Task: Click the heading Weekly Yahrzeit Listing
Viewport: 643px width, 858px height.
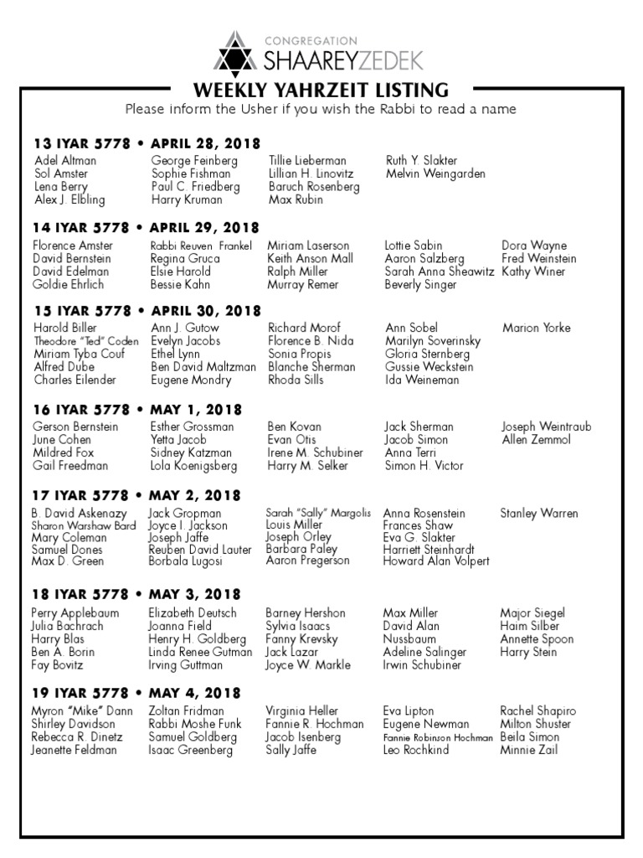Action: (321, 90)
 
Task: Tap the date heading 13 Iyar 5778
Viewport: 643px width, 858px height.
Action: (82, 143)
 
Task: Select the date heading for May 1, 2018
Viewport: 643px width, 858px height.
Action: (195, 410)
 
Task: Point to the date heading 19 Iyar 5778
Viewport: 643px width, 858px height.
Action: (82, 693)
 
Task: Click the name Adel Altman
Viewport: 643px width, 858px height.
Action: (65, 160)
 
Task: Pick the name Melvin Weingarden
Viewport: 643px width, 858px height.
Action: (435, 173)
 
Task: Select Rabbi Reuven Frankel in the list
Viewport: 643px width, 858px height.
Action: (201, 246)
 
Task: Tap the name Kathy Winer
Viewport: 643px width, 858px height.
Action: (533, 271)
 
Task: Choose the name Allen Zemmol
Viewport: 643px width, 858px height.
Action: (536, 440)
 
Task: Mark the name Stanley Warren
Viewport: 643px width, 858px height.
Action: (539, 513)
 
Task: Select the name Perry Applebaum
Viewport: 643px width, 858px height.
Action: (75, 613)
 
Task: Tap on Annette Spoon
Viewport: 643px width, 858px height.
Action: (537, 639)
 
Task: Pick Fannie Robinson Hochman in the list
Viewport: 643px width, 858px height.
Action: (438, 737)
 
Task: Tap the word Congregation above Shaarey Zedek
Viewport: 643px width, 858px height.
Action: (311, 40)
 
